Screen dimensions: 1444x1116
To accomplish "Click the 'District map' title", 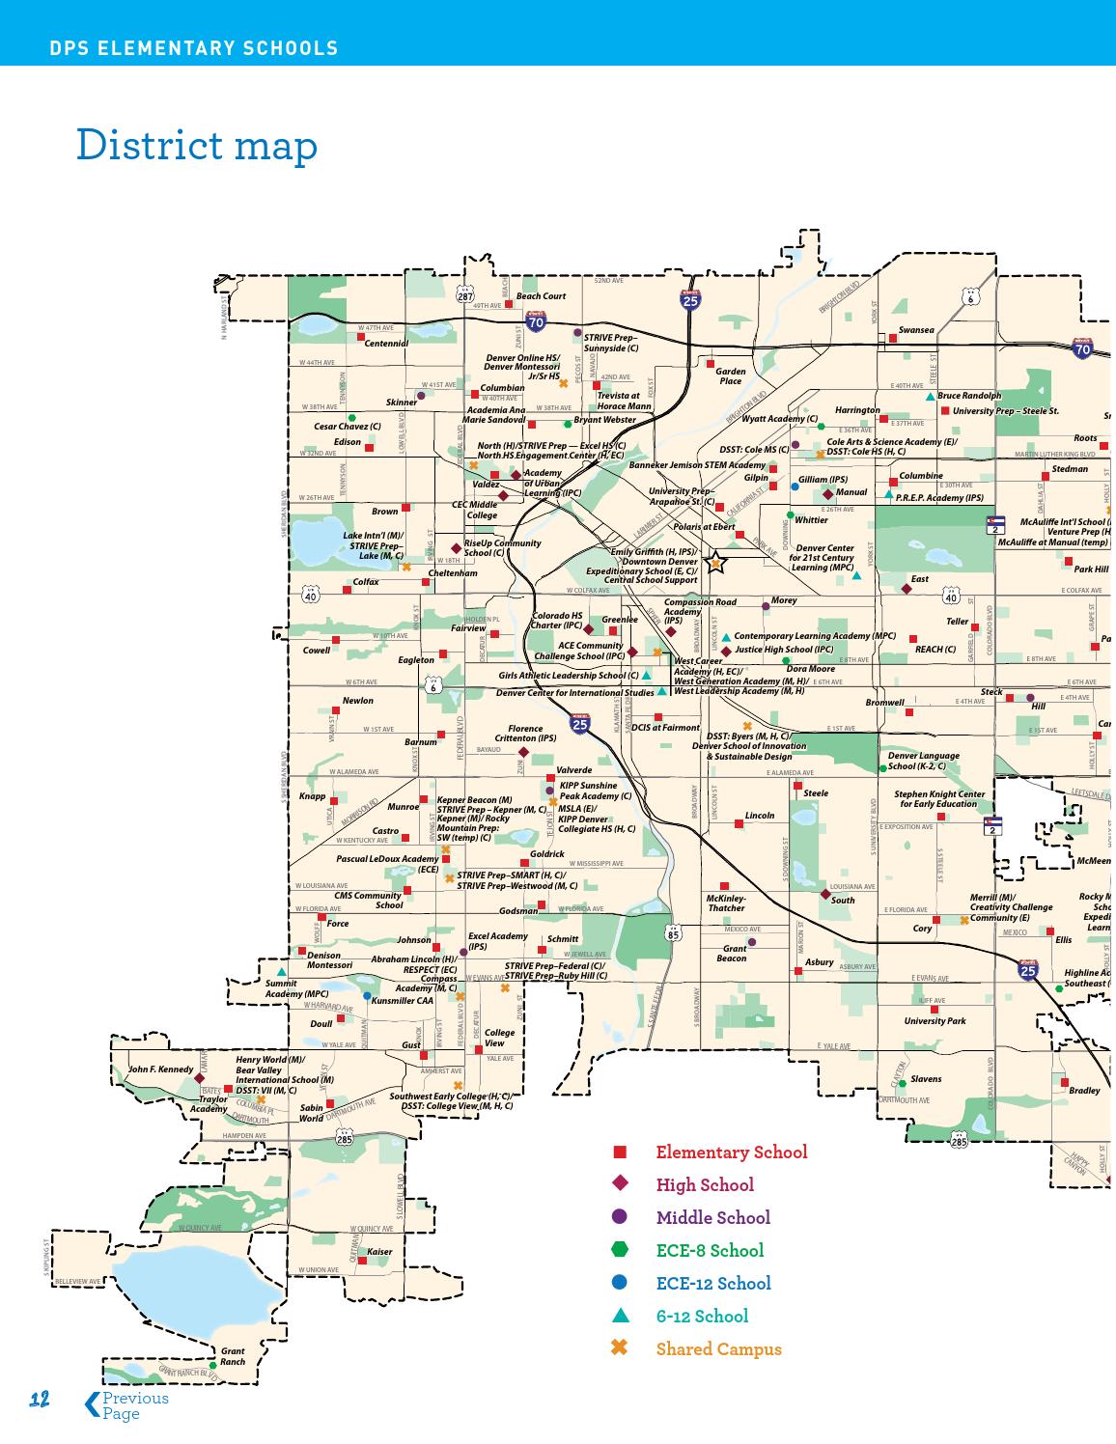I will pyautogui.click(x=197, y=146).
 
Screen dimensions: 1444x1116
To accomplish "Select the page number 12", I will pyautogui.click(x=40, y=1401).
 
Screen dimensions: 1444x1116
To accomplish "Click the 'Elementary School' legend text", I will pyautogui.click(x=731, y=1152).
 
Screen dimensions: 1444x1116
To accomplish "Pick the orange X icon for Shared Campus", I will pyautogui.click(x=620, y=1347).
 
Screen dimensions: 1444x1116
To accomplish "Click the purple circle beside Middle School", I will pyautogui.click(x=620, y=1217).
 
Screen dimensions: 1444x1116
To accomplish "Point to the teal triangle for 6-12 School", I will pyautogui.click(x=620, y=1315).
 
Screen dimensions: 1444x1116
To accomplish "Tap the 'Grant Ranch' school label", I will pyautogui.click(x=232, y=1356).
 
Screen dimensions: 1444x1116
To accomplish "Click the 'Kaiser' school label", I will pyautogui.click(x=379, y=1252).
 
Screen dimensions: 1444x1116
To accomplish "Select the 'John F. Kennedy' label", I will pyautogui.click(x=160, y=1069).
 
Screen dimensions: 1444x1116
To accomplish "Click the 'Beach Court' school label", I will pyautogui.click(x=541, y=296).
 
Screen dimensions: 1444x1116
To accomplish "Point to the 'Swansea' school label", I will pyautogui.click(x=916, y=330).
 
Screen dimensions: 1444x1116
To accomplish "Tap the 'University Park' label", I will pyautogui.click(x=935, y=1021).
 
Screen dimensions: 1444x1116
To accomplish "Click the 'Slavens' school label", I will pyautogui.click(x=926, y=1079).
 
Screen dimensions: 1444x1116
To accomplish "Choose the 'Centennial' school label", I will pyautogui.click(x=386, y=344).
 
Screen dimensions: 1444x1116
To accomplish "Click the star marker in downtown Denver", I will pyautogui.click(x=715, y=563).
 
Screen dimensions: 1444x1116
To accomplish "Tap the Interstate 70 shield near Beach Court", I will pyautogui.click(x=535, y=321).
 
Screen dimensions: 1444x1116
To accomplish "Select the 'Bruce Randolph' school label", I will pyautogui.click(x=969, y=396).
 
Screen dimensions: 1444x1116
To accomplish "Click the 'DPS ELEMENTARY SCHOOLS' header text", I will pyautogui.click(x=194, y=48).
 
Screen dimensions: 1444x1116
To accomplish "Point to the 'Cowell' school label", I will pyautogui.click(x=317, y=651).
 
